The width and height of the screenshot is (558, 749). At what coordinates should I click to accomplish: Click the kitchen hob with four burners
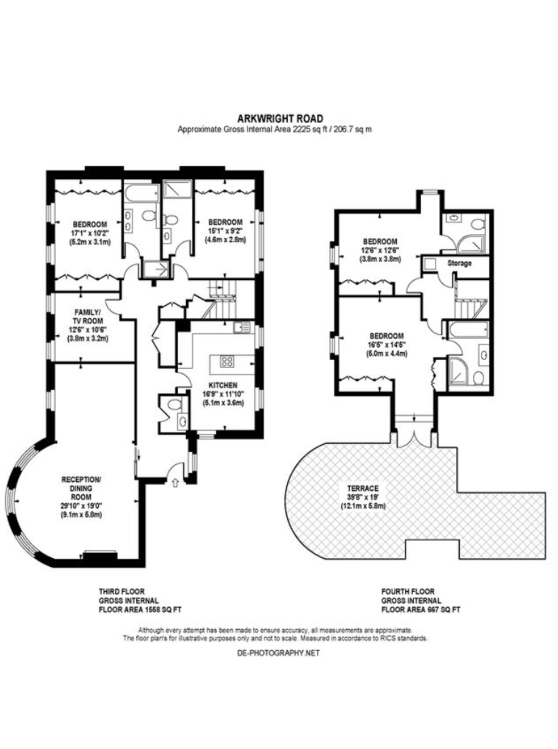pos(227,361)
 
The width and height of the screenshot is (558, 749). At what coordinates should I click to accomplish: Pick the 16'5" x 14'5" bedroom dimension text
pos(387,345)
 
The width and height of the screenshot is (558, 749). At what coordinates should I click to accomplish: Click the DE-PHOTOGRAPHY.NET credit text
pos(279,653)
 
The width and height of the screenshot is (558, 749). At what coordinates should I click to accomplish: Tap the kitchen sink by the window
pos(243,327)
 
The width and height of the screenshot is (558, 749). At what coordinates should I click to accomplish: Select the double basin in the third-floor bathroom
pos(129,220)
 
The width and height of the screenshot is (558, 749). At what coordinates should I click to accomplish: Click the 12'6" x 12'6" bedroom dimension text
pos(380,250)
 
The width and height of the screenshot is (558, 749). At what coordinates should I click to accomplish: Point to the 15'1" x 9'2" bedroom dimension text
pos(225,231)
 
